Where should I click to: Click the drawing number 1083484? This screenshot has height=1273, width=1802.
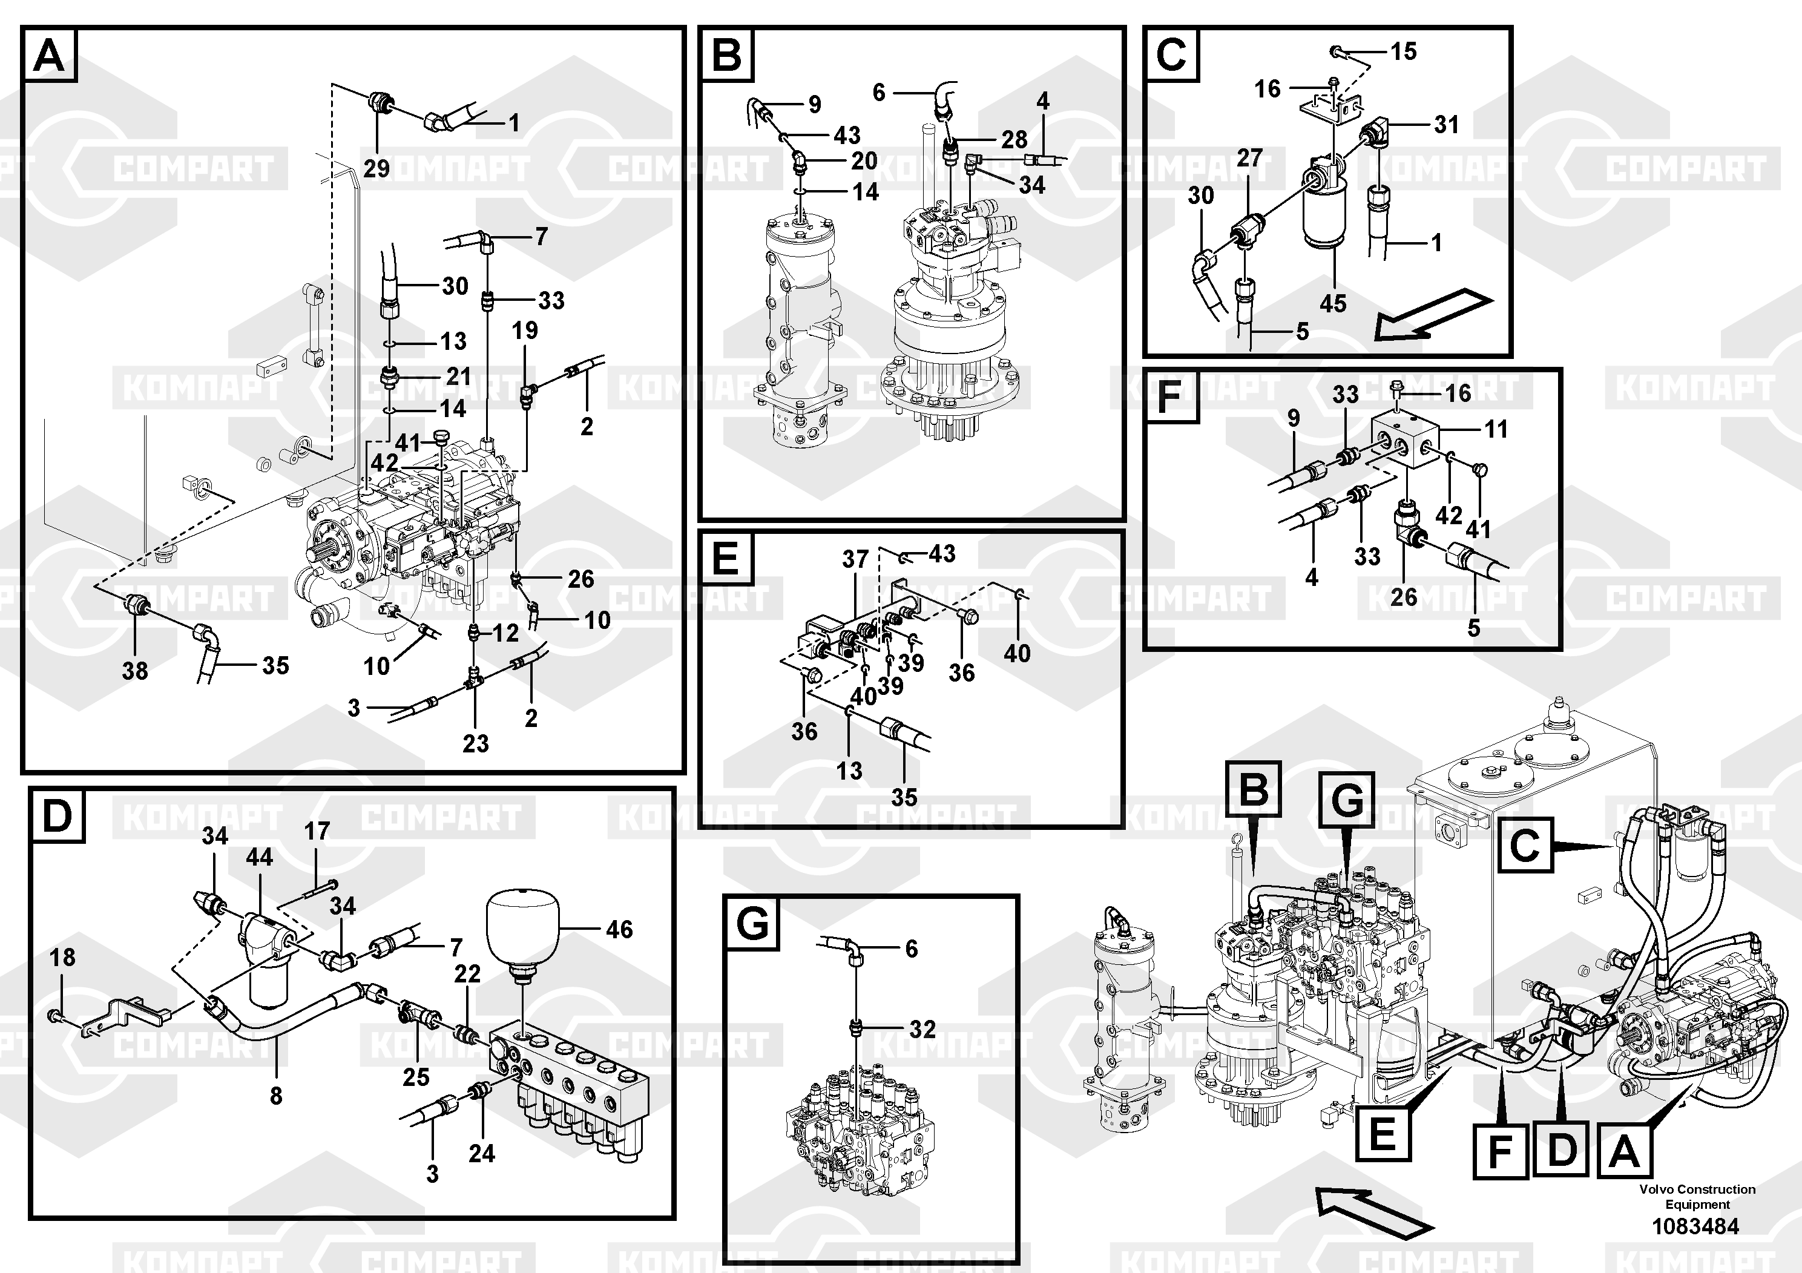pyautogui.click(x=1695, y=1226)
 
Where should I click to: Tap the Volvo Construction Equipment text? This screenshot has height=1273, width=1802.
pyautogui.click(x=1697, y=1196)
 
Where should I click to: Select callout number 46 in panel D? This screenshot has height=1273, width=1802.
pyautogui.click(x=619, y=929)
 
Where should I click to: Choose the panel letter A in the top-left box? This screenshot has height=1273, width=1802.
pyautogui.click(x=50, y=56)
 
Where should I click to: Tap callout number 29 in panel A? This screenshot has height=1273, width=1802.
pyautogui.click(x=377, y=168)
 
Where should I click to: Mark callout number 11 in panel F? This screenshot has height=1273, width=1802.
pyautogui.click(x=1496, y=429)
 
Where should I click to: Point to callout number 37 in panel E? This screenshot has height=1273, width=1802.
pyautogui.click(x=855, y=559)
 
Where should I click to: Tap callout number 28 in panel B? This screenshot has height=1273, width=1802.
pyautogui.click(x=1014, y=140)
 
